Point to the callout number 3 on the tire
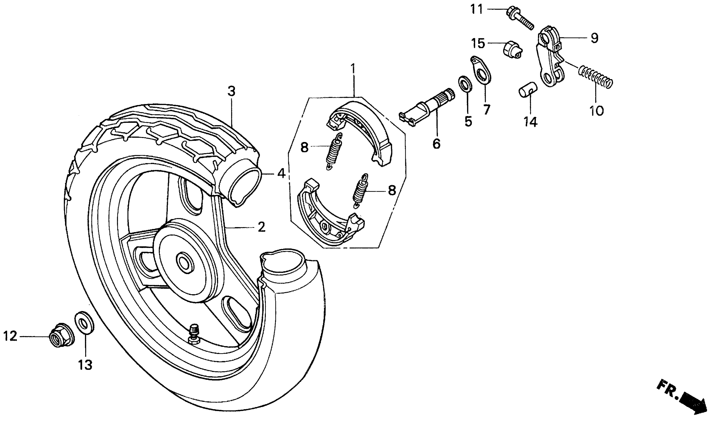tap(231, 92)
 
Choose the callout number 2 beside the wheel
tap(261, 227)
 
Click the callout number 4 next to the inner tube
tap(281, 174)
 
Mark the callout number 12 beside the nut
tap(10, 337)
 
